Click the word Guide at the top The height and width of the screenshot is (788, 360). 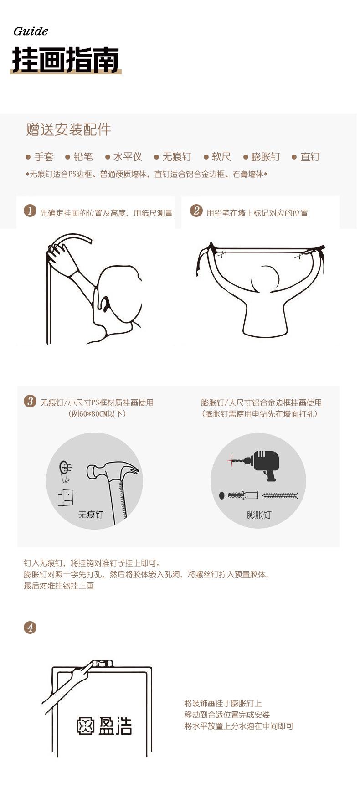31,31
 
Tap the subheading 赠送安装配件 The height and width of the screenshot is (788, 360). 68,129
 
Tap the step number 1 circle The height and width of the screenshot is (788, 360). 30,211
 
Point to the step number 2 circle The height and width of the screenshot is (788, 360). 196,211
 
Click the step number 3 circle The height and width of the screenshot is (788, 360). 30,402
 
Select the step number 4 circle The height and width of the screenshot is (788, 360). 30,628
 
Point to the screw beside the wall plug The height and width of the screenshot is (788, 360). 280,495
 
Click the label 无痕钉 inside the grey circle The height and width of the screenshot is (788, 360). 91,515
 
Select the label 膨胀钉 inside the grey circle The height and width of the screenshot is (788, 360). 259,515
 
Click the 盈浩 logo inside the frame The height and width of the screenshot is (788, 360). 104,726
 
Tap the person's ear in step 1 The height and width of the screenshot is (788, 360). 103,303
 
